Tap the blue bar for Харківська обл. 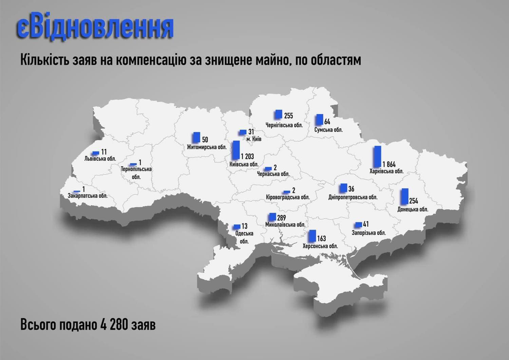coord(377,156)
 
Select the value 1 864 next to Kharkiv coord(389,164)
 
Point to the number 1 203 coord(247,156)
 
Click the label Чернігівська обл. coord(284,125)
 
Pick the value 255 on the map coord(288,116)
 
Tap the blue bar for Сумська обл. coord(319,119)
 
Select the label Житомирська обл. coord(207,147)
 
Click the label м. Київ coord(254,139)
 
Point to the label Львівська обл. coord(100,158)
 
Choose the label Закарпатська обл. coord(88,196)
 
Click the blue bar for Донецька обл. coord(404,196)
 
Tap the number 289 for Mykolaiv coord(281,217)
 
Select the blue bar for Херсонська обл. coord(313,235)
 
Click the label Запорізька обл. coord(369,233)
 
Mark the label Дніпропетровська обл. coord(353,197)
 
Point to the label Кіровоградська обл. coord(288,197)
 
